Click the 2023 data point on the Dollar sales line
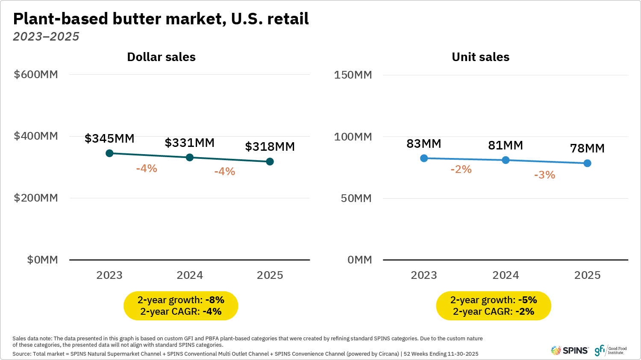pyautogui.click(x=109, y=153)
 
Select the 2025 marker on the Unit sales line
pyautogui.click(x=587, y=163)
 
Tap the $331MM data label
pyautogui.click(x=190, y=143)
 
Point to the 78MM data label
pyautogui.click(x=587, y=148)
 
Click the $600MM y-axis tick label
pyautogui.click(x=36, y=74)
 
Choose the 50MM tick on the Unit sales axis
pyautogui.click(x=356, y=198)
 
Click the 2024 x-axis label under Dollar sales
pyautogui.click(x=190, y=275)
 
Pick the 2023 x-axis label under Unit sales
pyautogui.click(x=423, y=275)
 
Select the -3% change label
pyautogui.click(x=544, y=175)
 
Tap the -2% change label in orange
pyautogui.click(x=461, y=169)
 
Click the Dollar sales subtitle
pyautogui.click(x=161, y=57)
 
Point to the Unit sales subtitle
pyautogui.click(x=480, y=57)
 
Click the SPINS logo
pyautogui.click(x=570, y=351)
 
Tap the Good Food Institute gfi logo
pyautogui.click(x=610, y=351)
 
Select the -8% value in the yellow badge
pyautogui.click(x=215, y=300)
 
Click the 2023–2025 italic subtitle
pyautogui.click(x=46, y=37)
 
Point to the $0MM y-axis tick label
pyautogui.click(x=42, y=260)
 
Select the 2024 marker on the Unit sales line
pyautogui.click(x=506, y=160)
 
